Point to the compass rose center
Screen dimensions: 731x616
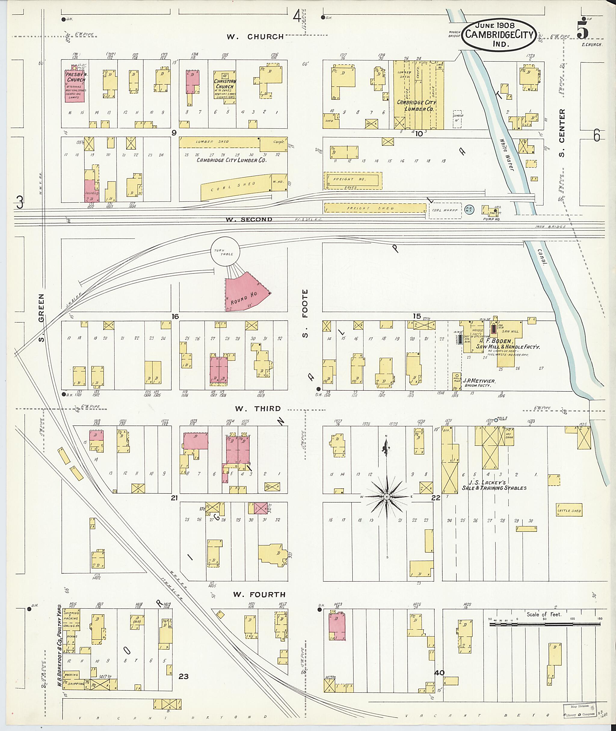coord(387,497)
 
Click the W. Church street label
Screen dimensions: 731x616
coord(255,37)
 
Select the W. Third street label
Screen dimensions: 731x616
coord(257,408)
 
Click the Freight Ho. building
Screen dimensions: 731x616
coord(353,180)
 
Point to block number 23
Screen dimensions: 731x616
coord(183,677)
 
